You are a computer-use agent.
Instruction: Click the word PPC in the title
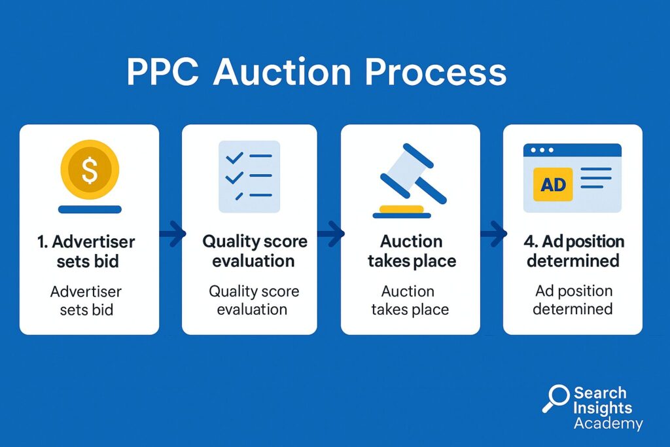click(x=163, y=72)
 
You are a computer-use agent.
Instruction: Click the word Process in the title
click(x=435, y=72)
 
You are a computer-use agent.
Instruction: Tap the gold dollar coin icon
click(x=90, y=170)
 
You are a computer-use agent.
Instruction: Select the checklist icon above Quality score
click(x=249, y=177)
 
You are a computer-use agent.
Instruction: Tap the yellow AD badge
click(x=553, y=184)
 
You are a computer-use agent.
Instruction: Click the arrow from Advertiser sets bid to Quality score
click(x=173, y=234)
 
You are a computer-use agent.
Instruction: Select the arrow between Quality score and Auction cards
click(x=330, y=234)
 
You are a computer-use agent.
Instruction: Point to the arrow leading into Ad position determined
click(x=493, y=234)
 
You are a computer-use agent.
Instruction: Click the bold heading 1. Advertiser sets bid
click(x=87, y=251)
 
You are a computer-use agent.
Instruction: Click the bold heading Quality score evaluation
click(x=255, y=251)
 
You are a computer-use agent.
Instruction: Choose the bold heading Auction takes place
click(x=412, y=251)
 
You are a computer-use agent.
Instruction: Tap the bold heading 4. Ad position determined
click(x=574, y=251)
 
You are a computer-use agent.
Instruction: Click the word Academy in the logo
click(x=608, y=423)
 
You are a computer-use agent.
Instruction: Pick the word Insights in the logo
click(x=603, y=408)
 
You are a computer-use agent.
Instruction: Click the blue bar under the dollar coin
click(x=90, y=209)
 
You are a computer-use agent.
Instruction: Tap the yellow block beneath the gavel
click(x=401, y=209)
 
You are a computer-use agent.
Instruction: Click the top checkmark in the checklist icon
click(x=235, y=158)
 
